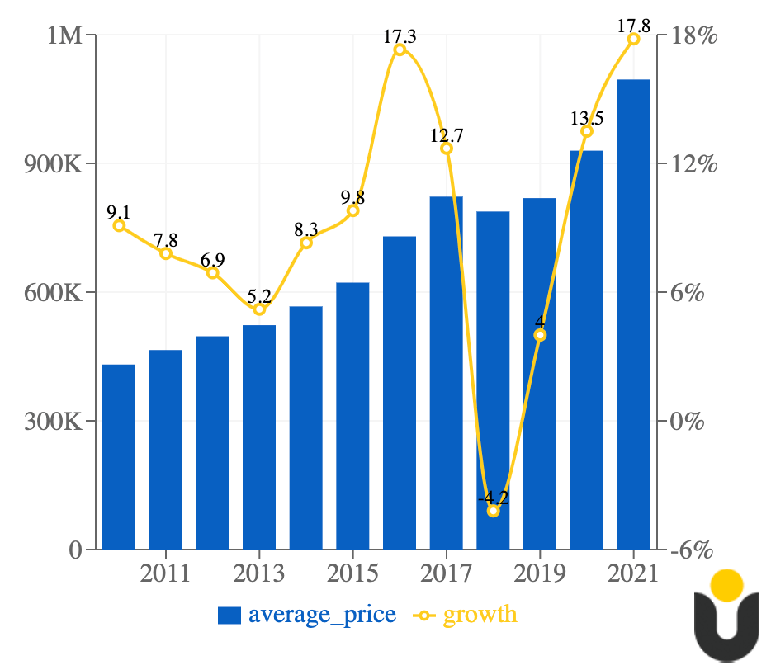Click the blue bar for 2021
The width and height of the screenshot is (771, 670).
pyautogui.click(x=633, y=314)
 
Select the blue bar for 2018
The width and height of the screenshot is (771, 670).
pyautogui.click(x=493, y=380)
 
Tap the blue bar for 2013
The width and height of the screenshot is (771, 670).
pyautogui.click(x=259, y=436)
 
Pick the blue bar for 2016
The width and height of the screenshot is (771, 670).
pyautogui.click(x=400, y=392)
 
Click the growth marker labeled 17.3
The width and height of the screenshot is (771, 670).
pyautogui.click(x=400, y=50)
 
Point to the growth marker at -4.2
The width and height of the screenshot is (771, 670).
pyautogui.click(x=494, y=512)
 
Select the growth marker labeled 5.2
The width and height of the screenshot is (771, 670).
pyautogui.click(x=259, y=309)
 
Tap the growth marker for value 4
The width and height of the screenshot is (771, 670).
pyautogui.click(x=540, y=335)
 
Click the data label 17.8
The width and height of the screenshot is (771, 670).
pyautogui.click(x=633, y=26)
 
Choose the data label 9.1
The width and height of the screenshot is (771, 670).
pyautogui.click(x=119, y=212)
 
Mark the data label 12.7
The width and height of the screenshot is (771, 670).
pyautogui.click(x=447, y=135)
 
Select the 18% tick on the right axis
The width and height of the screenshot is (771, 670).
pyautogui.click(x=692, y=36)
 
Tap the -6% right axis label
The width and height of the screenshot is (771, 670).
pyautogui.click(x=692, y=550)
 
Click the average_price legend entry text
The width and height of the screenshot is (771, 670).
pyautogui.click(x=322, y=615)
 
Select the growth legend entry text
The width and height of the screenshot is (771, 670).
pyautogui.click(x=480, y=615)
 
